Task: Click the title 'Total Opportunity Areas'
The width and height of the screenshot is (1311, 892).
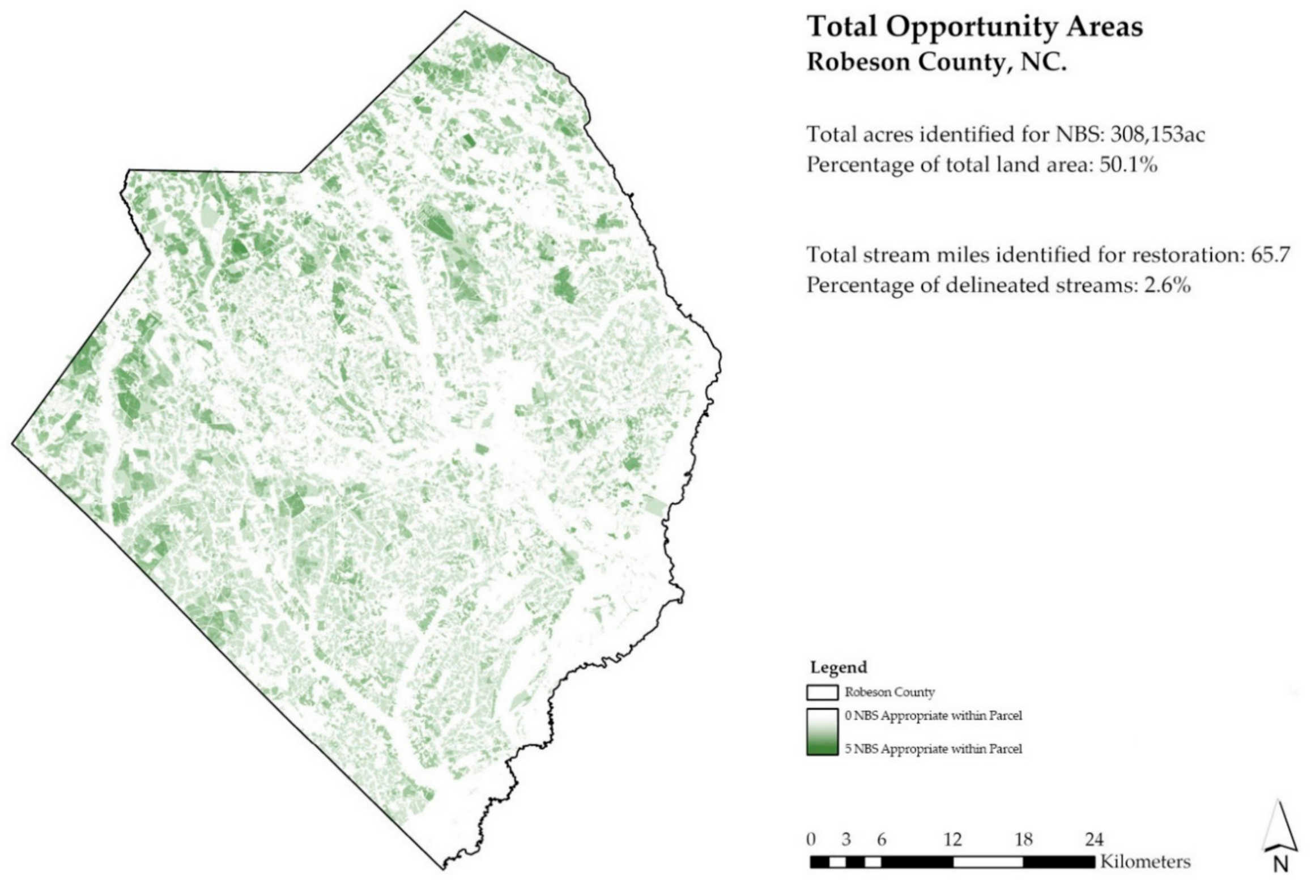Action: [x=974, y=27]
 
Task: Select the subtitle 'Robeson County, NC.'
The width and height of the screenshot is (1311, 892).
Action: [x=937, y=62]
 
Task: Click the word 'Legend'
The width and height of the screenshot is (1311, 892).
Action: [x=838, y=667]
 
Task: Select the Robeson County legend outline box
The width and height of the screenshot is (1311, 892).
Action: [x=822, y=692]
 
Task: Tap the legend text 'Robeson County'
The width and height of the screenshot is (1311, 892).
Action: [x=889, y=692]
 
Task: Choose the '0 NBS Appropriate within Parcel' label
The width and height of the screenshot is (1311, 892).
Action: [x=934, y=716]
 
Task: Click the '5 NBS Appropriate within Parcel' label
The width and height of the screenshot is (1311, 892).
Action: [x=934, y=749]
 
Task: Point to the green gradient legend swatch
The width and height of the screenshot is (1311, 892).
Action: [x=822, y=732]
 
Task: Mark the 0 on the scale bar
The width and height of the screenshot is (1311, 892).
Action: [x=811, y=839]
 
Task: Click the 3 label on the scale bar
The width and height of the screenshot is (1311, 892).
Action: [x=846, y=839]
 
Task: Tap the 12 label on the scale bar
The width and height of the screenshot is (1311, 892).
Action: [x=953, y=839]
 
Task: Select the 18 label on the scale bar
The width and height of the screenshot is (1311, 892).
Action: [x=1024, y=839]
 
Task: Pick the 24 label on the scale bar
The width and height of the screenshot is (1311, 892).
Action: [x=1094, y=839]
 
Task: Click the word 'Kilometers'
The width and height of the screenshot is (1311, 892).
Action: [x=1145, y=862]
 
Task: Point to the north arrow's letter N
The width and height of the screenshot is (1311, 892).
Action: [x=1280, y=865]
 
